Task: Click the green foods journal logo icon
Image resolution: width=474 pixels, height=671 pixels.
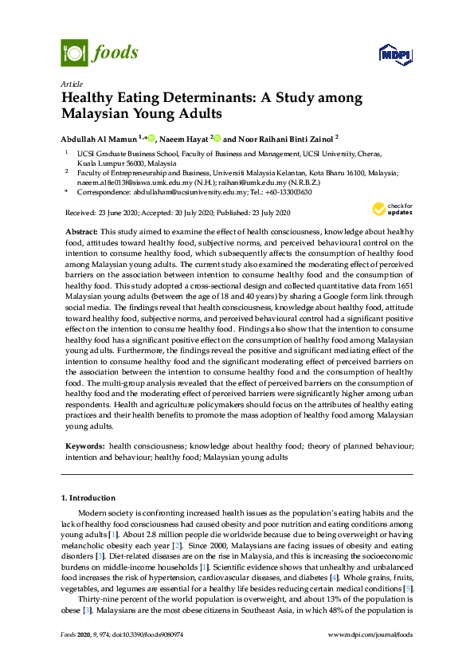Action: pos(74,53)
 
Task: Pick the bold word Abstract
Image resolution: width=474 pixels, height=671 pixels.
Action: pos(80,231)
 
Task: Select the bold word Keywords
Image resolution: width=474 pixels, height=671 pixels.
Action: pos(84,446)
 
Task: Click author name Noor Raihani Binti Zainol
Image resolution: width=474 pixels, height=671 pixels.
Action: pos(283,137)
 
